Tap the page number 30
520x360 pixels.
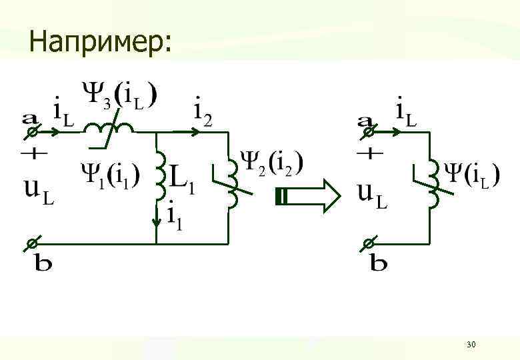(471, 344)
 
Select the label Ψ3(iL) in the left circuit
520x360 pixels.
(121, 95)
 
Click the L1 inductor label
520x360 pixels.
(181, 179)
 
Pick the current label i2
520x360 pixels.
(202, 111)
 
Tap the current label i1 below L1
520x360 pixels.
(175, 214)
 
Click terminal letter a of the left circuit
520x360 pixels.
(31, 119)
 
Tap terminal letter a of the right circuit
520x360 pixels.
(365, 119)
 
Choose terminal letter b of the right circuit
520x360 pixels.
(378, 263)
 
